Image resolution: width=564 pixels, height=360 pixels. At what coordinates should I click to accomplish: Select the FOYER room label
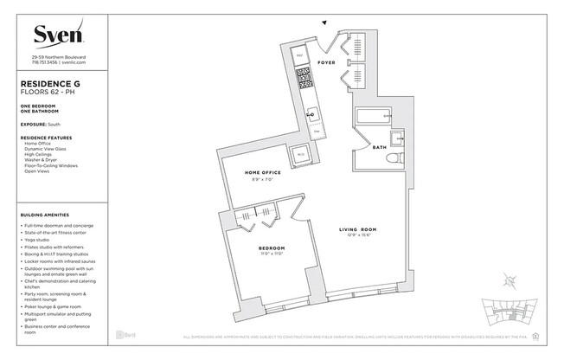(327, 62)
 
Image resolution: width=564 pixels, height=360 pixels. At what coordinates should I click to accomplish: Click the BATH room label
(378, 148)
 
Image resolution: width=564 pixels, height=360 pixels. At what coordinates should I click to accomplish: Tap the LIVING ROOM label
(356, 229)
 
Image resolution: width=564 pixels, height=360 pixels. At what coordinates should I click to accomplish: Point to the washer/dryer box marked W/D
(301, 155)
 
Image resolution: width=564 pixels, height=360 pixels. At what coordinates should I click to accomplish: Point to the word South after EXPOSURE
(54, 125)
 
